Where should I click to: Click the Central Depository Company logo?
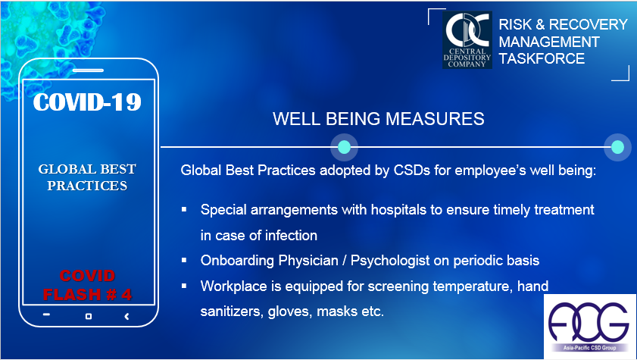point(467,40)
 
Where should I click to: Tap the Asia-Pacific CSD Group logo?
point(589,327)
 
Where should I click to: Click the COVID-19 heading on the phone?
point(87,102)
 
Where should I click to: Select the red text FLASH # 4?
point(87,295)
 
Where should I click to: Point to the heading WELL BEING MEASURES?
point(378,119)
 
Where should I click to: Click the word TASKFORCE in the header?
point(542,59)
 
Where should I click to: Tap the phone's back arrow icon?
point(126,316)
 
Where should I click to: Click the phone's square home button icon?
point(89,316)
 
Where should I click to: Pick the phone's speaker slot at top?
point(88,70)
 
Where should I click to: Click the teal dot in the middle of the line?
point(344,147)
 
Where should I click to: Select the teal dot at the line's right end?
point(617,147)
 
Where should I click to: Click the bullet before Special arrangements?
point(184,210)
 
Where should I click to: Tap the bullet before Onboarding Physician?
point(184,260)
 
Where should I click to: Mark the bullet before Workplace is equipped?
point(184,286)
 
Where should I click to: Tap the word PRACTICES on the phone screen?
point(87,186)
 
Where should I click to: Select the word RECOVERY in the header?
point(589,25)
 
